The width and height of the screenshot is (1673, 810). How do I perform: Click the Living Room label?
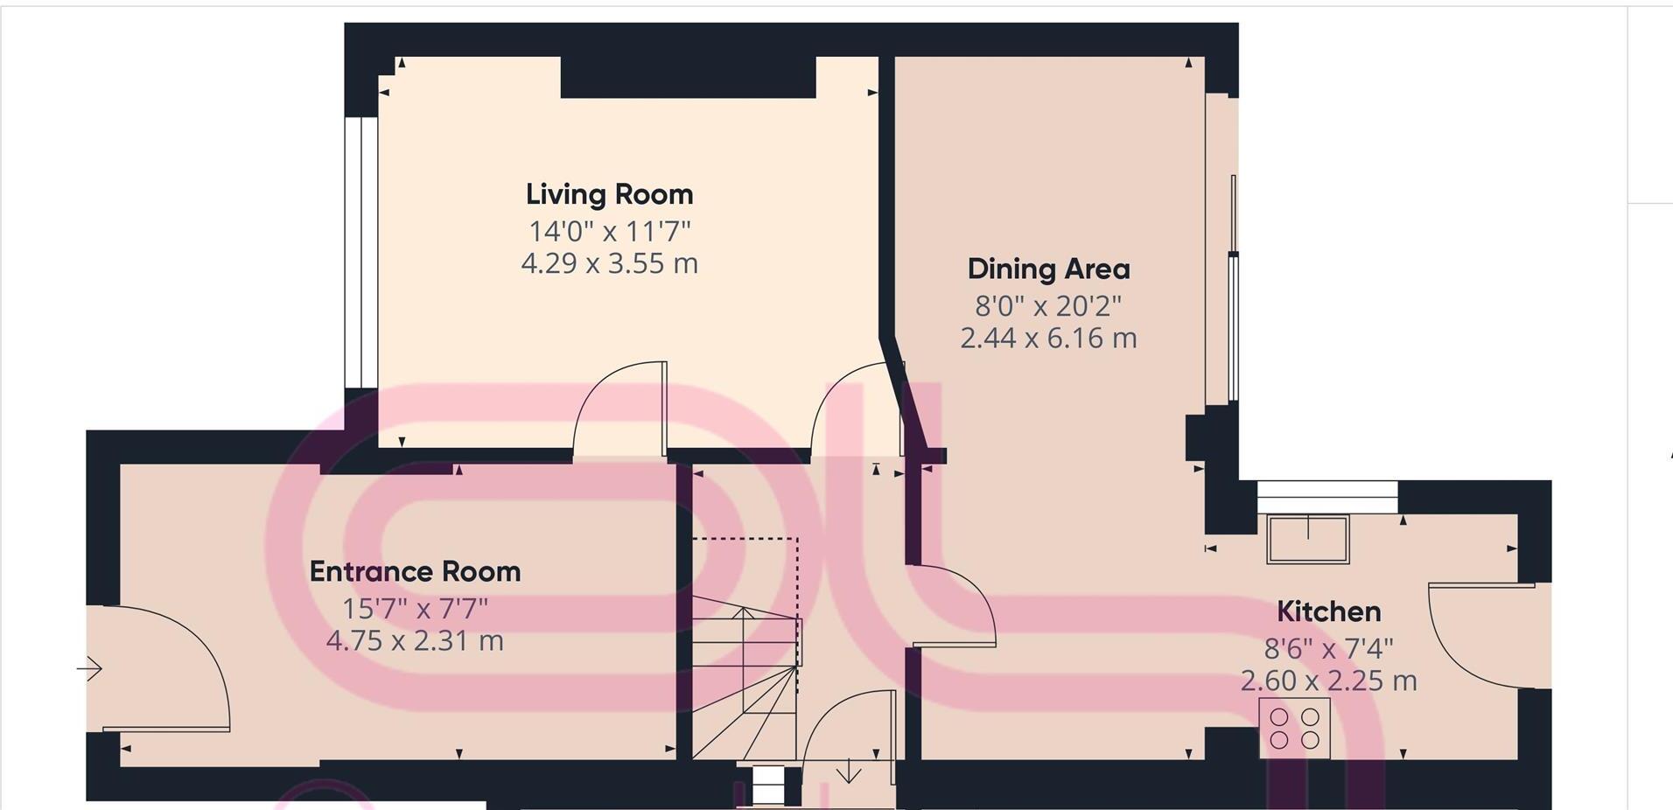click(x=609, y=194)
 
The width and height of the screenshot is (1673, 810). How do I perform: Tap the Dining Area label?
click(x=1048, y=269)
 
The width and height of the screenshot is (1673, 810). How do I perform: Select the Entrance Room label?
click(x=415, y=572)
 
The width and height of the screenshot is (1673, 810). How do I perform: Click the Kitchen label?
click(x=1328, y=611)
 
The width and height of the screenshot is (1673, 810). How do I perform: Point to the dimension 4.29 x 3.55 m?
click(x=609, y=263)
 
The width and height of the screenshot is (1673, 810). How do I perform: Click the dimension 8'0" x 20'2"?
click(x=1048, y=306)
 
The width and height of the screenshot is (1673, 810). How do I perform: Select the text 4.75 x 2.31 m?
click(x=415, y=641)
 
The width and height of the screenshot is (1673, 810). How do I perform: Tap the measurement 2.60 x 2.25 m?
click(x=1328, y=681)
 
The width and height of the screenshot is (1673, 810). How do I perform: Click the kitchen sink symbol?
click(x=1308, y=539)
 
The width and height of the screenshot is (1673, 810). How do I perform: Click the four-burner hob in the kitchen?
click(x=1294, y=728)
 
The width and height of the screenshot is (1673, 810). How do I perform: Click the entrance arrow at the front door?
click(x=89, y=669)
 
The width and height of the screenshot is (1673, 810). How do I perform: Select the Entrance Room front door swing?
click(x=175, y=665)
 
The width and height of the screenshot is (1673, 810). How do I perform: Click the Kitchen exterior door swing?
click(x=1479, y=634)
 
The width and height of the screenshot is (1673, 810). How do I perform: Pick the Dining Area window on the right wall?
click(x=1232, y=289)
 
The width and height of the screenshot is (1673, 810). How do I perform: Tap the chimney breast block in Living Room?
click(x=688, y=78)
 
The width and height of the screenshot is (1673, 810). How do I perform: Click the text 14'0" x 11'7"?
click(x=609, y=232)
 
